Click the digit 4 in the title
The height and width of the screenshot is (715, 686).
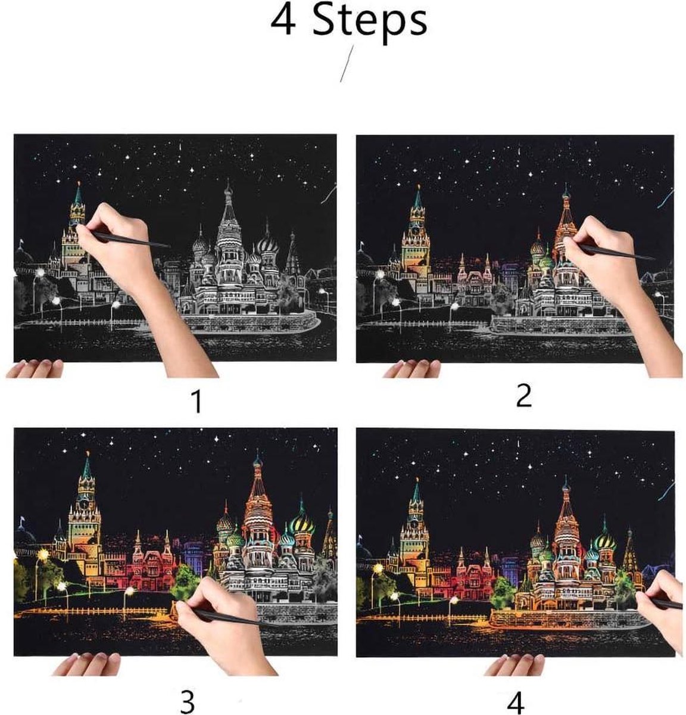[x=283, y=21]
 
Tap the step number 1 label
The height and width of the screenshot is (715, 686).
[x=197, y=402]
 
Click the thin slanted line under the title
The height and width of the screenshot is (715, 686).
[x=347, y=63]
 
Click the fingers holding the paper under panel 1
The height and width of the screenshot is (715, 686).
[x=35, y=368]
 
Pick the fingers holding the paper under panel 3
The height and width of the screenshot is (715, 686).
[x=86, y=664]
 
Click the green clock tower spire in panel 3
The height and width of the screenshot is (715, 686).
[x=87, y=466]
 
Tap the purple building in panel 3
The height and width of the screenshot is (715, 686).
[x=194, y=555]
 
